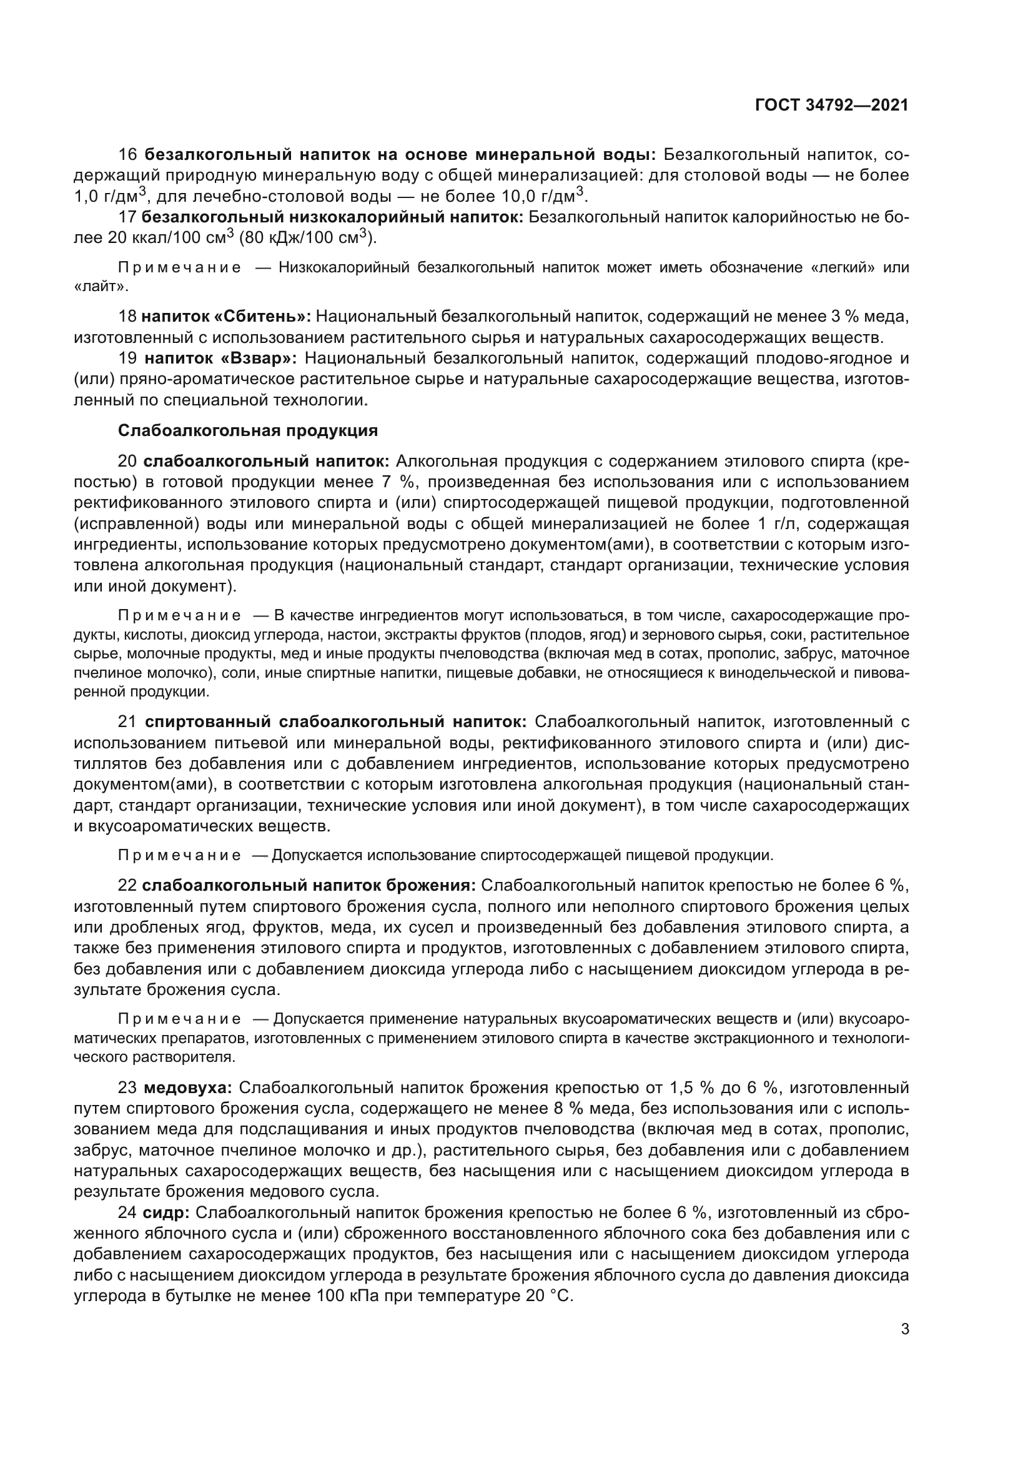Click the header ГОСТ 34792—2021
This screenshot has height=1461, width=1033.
831,105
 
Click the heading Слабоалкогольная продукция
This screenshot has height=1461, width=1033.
248,431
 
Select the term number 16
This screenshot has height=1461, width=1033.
128,155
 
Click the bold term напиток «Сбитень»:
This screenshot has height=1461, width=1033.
226,316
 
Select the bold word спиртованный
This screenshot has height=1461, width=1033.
208,722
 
